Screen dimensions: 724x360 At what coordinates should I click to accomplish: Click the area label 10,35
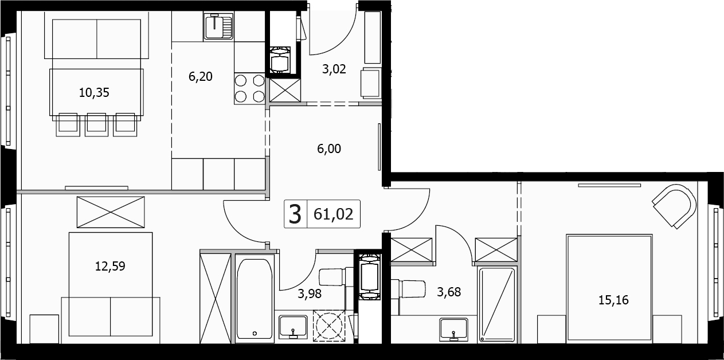pyautogui.click(x=94, y=93)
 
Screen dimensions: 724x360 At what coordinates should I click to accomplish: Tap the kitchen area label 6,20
pyautogui.click(x=201, y=77)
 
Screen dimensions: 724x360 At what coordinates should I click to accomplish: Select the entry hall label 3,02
pyautogui.click(x=334, y=69)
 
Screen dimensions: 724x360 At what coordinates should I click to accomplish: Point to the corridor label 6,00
pyautogui.click(x=329, y=148)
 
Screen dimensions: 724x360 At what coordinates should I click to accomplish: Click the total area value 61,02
pyautogui.click(x=333, y=214)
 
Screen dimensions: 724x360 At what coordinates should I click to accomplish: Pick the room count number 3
pyautogui.click(x=295, y=214)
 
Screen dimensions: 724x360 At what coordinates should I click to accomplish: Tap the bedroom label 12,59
pyautogui.click(x=110, y=266)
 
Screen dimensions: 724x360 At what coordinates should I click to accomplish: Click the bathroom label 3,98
pyautogui.click(x=310, y=294)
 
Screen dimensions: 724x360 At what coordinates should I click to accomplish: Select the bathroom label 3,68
pyautogui.click(x=449, y=292)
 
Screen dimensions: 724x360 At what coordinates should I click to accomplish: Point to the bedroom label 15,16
pyautogui.click(x=613, y=300)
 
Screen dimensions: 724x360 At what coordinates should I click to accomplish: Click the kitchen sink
pyautogui.click(x=219, y=26)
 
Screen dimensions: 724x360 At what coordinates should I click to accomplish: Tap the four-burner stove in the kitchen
pyautogui.click(x=250, y=88)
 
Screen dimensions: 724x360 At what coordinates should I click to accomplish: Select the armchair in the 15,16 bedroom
pyautogui.click(x=675, y=206)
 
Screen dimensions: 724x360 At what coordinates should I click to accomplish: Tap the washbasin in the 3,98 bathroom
pyautogui.click(x=293, y=326)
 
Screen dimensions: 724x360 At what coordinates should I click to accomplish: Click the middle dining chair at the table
pyautogui.click(x=96, y=124)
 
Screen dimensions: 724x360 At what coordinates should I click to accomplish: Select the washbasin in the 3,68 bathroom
pyautogui.click(x=454, y=329)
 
